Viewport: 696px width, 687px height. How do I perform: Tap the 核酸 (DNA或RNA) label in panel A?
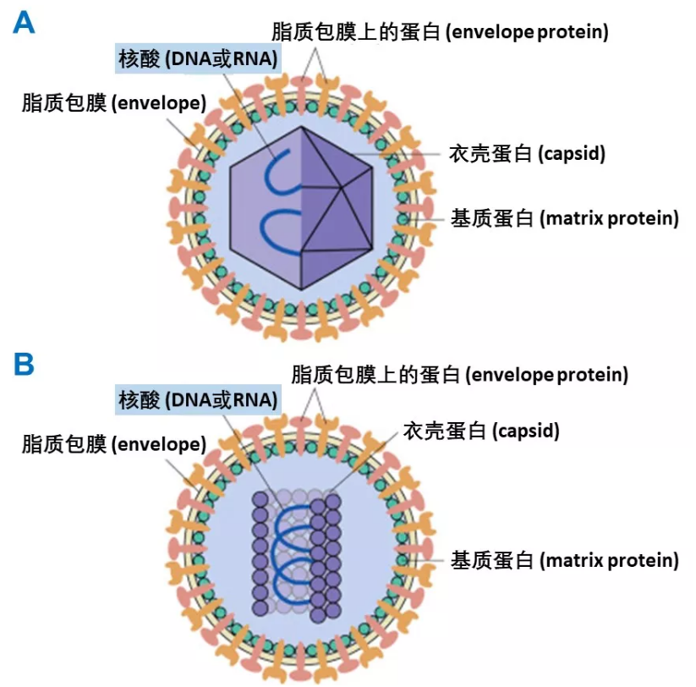click(x=197, y=58)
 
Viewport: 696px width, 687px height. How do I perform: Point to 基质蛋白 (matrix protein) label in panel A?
click(x=564, y=218)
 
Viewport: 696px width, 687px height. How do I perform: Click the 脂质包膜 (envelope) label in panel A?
click(x=114, y=103)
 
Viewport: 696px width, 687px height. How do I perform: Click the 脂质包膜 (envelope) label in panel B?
click(x=114, y=444)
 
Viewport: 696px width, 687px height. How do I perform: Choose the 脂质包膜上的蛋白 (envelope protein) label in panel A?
click(x=440, y=32)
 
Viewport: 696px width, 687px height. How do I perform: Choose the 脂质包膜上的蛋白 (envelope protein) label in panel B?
click(x=459, y=373)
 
